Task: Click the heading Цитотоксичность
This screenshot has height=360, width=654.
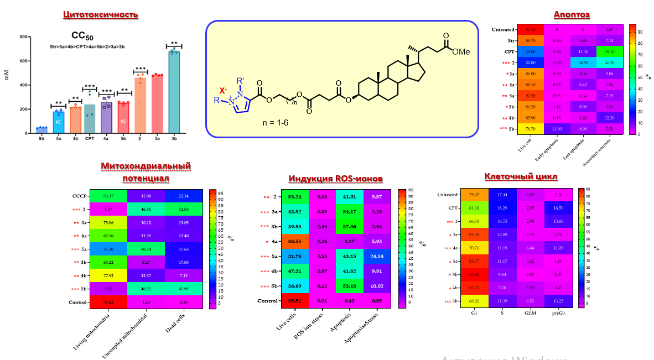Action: pos(100,14)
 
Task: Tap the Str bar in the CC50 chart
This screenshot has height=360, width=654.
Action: pos(41,131)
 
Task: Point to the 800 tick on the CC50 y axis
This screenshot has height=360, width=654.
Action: pos(24,37)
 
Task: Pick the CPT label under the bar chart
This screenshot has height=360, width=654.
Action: pos(90,139)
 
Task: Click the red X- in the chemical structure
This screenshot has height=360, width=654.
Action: pos(222,90)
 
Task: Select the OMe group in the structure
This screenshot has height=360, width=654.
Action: pos(460,51)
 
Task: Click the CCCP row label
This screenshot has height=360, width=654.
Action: pos(80,195)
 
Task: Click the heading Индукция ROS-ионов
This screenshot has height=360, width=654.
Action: pos(335,179)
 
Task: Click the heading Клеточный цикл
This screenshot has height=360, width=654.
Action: pos(521,176)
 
